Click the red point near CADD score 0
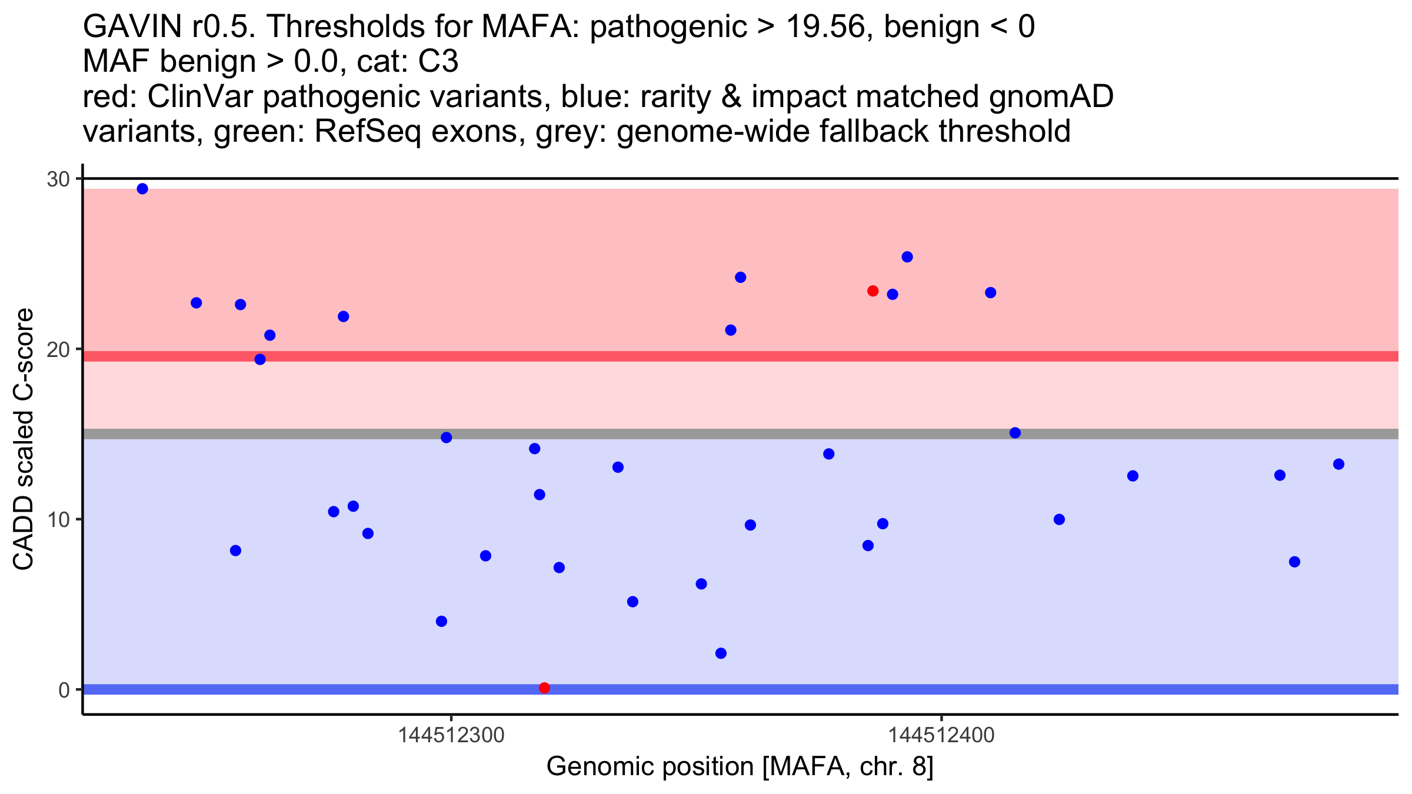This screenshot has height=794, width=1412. point(544,688)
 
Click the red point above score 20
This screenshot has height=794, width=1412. point(872,291)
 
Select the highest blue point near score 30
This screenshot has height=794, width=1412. point(142,189)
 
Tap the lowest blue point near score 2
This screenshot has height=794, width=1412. point(721,653)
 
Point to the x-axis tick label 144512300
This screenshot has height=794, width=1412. point(451,735)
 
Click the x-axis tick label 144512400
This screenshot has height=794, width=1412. point(941,735)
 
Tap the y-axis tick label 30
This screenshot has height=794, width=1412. point(58,179)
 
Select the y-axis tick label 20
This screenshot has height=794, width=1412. point(58,349)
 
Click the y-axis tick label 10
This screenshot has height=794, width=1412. point(58,519)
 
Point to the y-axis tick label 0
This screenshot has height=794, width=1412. point(64,690)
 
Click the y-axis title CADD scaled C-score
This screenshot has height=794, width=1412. point(24,439)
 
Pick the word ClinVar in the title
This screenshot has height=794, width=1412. point(201,96)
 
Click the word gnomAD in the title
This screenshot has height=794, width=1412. point(1051,96)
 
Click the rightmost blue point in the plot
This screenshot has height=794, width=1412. point(1338,464)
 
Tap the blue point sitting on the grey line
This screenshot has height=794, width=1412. point(1015,433)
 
